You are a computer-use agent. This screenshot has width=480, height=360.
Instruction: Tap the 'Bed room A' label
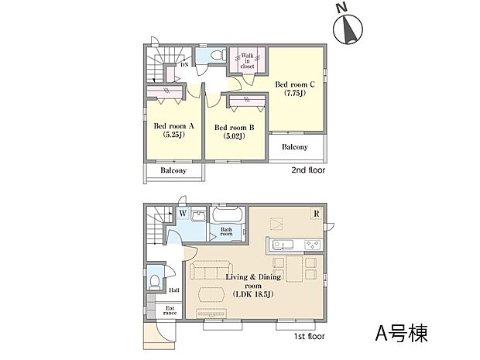point(173,130)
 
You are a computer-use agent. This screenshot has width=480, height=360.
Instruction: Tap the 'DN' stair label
point(184,64)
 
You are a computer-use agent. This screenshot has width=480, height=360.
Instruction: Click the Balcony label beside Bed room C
point(294,147)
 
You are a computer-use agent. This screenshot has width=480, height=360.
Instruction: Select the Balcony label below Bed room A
point(173,170)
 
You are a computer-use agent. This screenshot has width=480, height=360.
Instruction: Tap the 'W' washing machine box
point(183,213)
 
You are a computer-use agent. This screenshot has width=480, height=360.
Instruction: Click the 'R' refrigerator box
point(316,213)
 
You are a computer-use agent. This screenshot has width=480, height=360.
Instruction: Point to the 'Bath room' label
point(226,231)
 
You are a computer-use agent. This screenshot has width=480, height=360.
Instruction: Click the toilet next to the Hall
point(156,278)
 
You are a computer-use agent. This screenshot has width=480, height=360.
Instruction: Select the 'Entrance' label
point(170,311)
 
